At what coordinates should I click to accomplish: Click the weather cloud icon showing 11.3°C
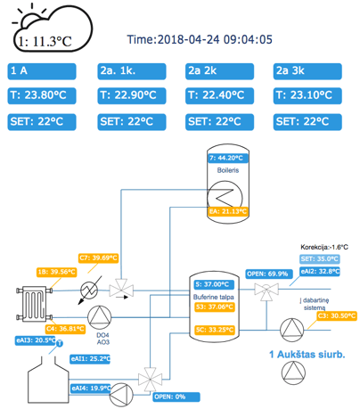(x=53, y=29)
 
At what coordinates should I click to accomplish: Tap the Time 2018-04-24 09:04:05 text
(x=200, y=39)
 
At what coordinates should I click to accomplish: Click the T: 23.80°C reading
(x=42, y=95)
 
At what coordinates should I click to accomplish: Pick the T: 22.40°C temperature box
(x=219, y=95)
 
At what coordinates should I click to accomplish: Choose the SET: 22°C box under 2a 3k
(x=307, y=122)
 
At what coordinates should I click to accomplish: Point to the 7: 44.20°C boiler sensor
(x=228, y=158)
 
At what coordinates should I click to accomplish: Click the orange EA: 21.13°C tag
(x=228, y=211)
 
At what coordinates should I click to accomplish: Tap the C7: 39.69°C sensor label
(x=99, y=258)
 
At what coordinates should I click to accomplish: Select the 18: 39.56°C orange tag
(x=56, y=272)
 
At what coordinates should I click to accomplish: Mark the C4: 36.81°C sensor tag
(x=66, y=329)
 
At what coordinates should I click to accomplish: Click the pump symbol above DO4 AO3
(x=100, y=317)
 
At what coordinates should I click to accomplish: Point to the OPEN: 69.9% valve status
(x=268, y=274)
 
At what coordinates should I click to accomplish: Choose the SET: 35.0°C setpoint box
(x=319, y=259)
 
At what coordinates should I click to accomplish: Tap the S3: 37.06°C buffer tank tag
(x=215, y=307)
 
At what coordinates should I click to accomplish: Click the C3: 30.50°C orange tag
(x=337, y=316)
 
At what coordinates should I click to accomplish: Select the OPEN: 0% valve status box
(x=176, y=397)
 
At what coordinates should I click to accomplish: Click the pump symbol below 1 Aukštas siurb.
(x=293, y=373)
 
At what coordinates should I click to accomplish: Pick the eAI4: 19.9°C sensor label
(x=91, y=389)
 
